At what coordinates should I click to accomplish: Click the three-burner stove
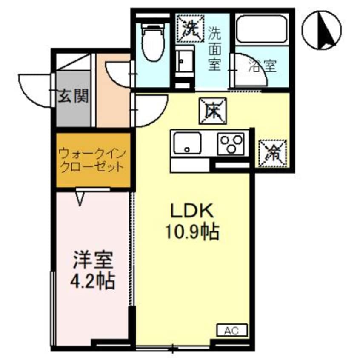tap(231, 143)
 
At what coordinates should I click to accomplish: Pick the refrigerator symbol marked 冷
tap(272, 151)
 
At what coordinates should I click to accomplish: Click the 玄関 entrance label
tap(73, 97)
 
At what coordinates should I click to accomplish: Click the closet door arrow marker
tap(80, 197)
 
